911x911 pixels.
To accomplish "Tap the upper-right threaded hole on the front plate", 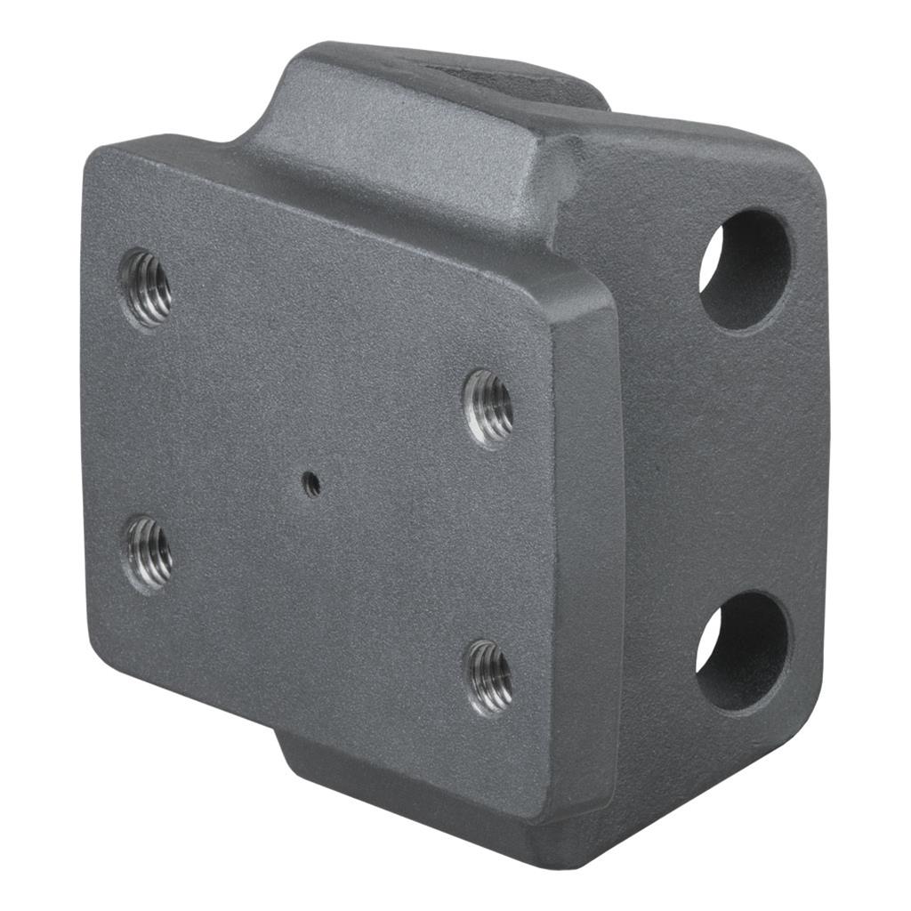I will point(488,407).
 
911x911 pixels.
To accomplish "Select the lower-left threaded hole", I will point(148,553).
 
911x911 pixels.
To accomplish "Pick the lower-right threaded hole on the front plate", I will point(489,677).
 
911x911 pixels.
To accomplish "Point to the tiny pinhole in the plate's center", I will point(312,483).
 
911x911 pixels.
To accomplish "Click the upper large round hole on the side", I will point(746,270).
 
